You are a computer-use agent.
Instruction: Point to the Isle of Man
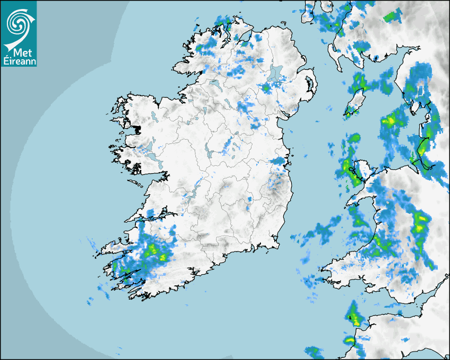coord(356,101)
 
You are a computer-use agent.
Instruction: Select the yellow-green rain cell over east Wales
coord(421,222)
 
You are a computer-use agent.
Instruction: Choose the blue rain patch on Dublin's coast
coord(278,160)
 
